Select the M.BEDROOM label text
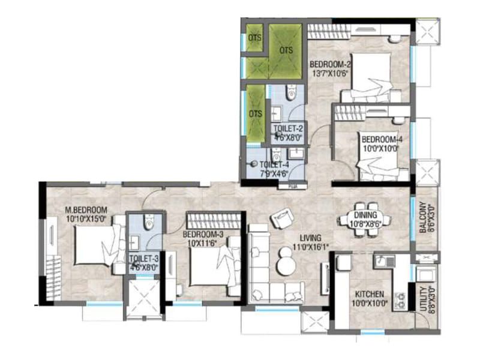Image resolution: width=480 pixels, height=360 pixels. [86, 210]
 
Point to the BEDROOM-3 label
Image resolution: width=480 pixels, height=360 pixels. [204, 234]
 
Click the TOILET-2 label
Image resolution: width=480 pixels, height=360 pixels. [287, 128]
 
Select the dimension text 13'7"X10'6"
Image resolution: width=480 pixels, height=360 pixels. [329, 74]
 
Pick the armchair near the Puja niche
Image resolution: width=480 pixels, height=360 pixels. [281, 217]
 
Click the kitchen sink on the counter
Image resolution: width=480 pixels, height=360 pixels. [382, 260]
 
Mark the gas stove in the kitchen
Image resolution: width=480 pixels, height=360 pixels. [399, 298]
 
